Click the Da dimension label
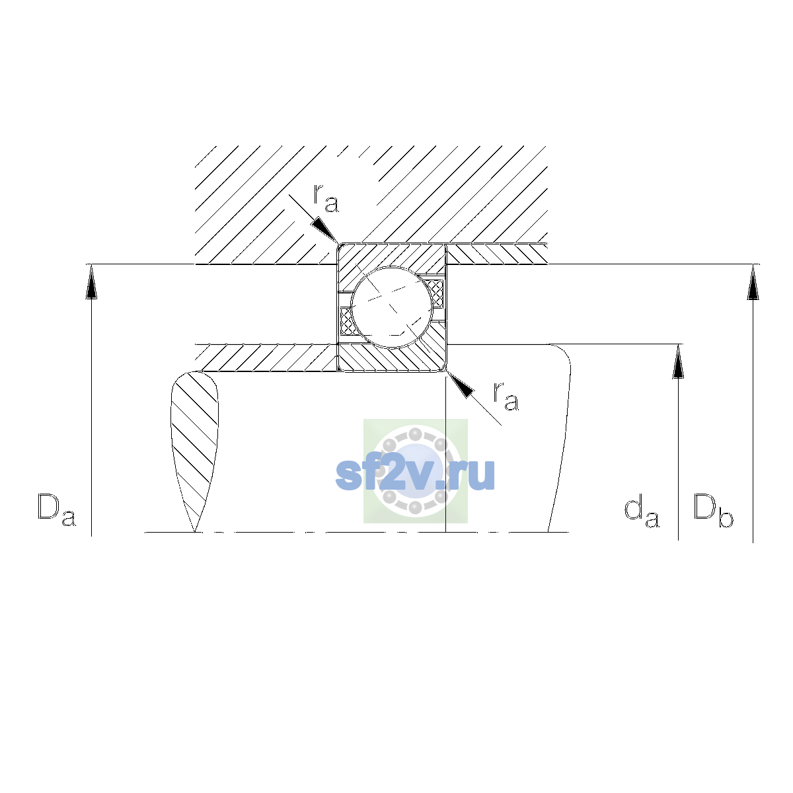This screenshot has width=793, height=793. point(57,510)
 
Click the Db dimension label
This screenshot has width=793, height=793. point(713,510)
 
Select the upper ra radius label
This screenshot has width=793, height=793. point(326,198)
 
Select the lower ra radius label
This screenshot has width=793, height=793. point(506,397)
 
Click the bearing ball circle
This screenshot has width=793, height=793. point(392,307)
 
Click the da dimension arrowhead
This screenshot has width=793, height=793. point(678,361)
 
